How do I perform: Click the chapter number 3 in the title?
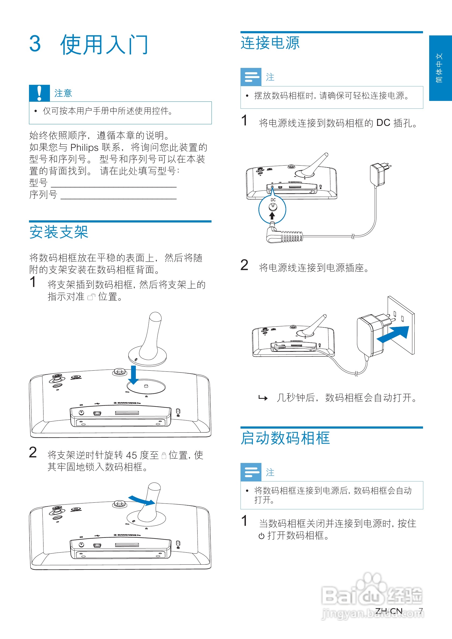point(35,44)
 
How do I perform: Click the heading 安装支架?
point(59,232)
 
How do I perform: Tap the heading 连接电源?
point(270,43)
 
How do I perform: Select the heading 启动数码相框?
point(285,438)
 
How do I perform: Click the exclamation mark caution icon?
point(39,93)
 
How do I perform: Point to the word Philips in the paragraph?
point(84,147)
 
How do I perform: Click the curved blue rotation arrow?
point(141,501)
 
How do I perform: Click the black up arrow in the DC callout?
point(272,216)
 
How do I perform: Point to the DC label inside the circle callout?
point(273,200)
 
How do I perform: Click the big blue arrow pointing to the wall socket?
point(393,334)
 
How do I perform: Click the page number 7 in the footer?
point(421,611)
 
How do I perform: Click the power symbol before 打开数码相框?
point(261,536)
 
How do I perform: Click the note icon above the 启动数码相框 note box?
point(251,472)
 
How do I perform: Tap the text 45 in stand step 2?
point(131,455)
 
